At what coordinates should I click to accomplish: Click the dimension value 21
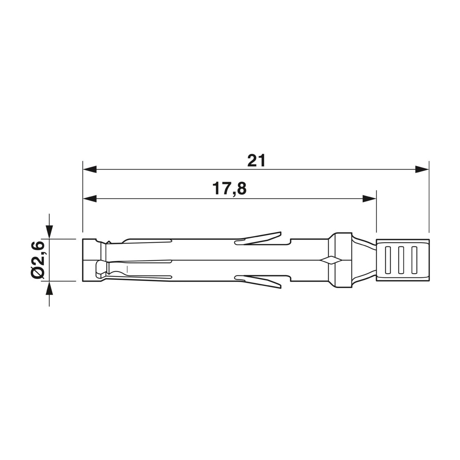[x=256, y=160]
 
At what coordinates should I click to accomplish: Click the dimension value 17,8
[x=229, y=188]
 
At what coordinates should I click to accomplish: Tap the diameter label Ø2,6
[x=38, y=260]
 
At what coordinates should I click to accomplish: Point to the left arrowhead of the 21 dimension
[x=90, y=169]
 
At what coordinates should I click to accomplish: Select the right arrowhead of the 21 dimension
[x=422, y=169]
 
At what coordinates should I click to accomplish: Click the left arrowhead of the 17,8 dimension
[x=90, y=199]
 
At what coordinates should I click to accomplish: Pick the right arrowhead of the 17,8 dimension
[x=369, y=199]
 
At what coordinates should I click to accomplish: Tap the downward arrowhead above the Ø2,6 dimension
[x=49, y=231]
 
